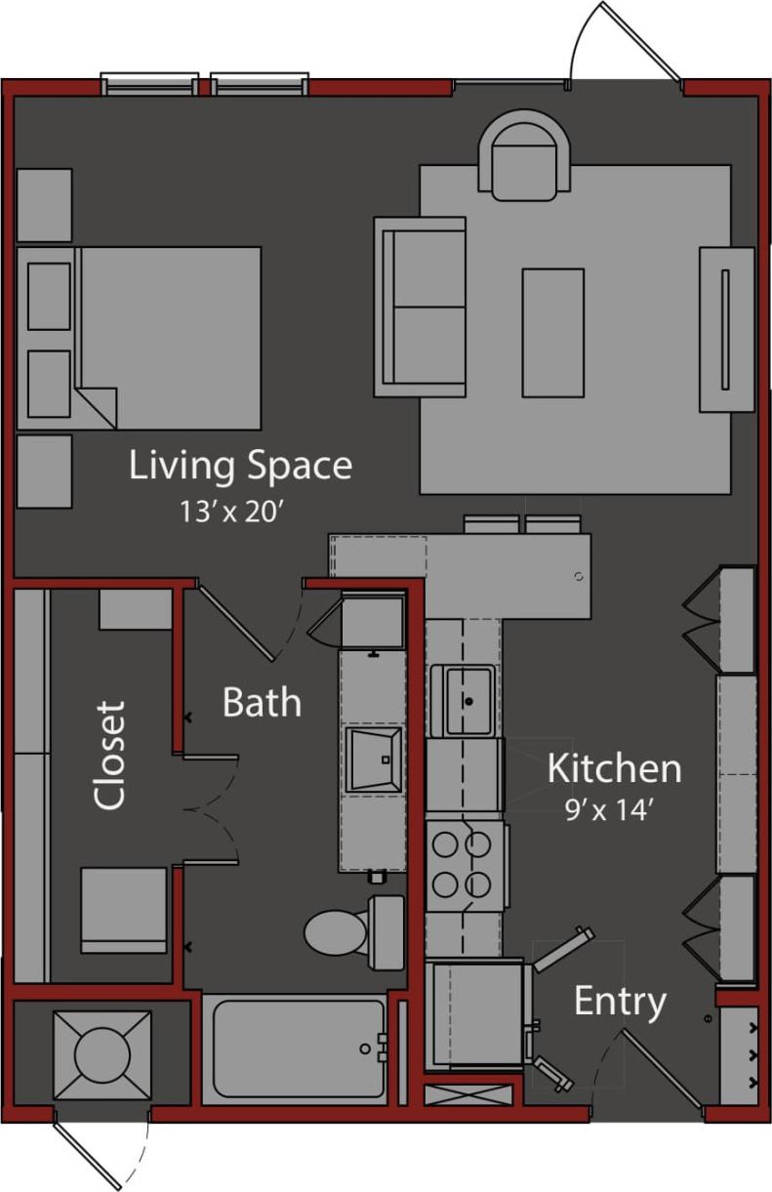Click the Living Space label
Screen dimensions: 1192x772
240,466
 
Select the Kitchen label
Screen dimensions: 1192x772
614,768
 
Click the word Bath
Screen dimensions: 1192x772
262,702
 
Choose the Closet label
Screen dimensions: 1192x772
110,755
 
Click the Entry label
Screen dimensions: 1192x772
620,1001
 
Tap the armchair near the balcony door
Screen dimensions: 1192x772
524,156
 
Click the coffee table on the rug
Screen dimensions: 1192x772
552,332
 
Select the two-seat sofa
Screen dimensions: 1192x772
421,307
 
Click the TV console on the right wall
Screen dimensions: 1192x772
726,329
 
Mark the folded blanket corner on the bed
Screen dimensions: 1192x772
99,407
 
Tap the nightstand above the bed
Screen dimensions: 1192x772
44,204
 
